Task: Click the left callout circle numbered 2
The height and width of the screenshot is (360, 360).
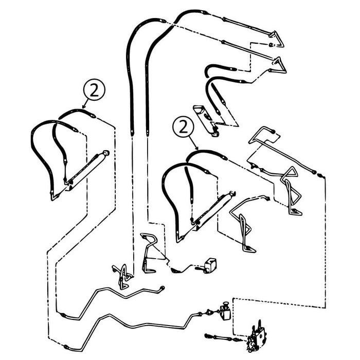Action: [x=94, y=89]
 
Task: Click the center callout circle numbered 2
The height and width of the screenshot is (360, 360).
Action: [x=183, y=127]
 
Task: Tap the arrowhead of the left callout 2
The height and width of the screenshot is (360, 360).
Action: [x=83, y=107]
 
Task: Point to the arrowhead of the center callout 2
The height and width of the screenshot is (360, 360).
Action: [x=196, y=148]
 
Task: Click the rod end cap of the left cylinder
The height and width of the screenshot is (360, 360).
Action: [x=106, y=153]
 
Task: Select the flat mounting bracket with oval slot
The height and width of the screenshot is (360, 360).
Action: [x=206, y=120]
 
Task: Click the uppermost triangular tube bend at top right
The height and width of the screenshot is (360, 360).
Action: [x=277, y=40]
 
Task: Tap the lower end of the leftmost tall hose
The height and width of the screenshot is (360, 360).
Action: [x=132, y=132]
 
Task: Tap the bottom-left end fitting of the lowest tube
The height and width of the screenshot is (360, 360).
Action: [x=66, y=347]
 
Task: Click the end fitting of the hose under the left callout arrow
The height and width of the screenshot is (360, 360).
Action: [x=93, y=116]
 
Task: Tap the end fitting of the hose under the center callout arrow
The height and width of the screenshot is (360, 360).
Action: [x=224, y=157]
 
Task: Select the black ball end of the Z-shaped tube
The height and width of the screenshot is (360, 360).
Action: [x=273, y=132]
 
